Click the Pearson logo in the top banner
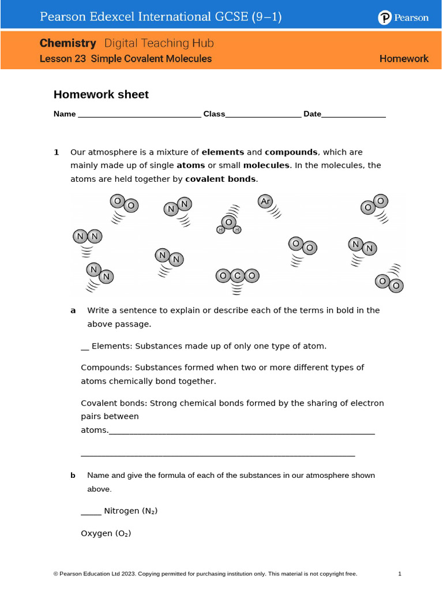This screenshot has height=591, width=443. click(x=403, y=18)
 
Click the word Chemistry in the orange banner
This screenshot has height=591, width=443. click(x=68, y=43)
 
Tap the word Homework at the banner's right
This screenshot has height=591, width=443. click(x=404, y=59)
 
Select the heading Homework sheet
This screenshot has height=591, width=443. click(x=101, y=95)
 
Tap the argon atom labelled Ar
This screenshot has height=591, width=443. click(x=265, y=201)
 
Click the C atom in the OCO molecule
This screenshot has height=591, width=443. click(x=237, y=276)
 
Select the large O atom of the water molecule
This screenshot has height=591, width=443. click(x=229, y=222)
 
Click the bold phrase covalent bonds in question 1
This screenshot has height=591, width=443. click(x=220, y=179)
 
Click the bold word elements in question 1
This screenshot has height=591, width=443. click(x=223, y=152)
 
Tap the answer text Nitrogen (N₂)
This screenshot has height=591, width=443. click(x=130, y=511)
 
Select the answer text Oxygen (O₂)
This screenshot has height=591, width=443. click(x=106, y=534)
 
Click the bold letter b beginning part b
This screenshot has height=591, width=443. click(x=73, y=476)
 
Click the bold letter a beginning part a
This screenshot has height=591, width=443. click(x=73, y=311)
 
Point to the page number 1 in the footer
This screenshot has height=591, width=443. click(x=400, y=574)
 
